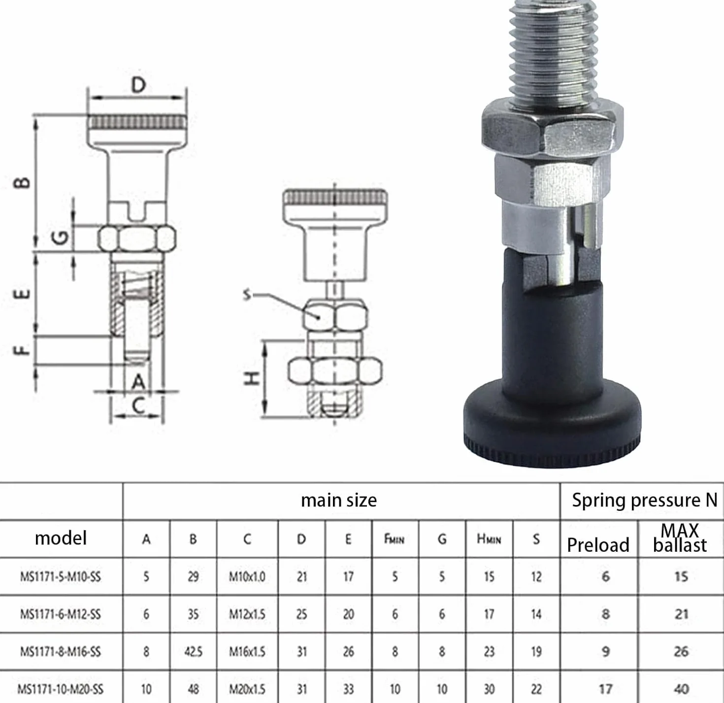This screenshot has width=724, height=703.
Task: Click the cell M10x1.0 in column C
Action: click(x=247, y=576)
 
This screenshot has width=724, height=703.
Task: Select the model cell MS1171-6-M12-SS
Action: click(x=60, y=614)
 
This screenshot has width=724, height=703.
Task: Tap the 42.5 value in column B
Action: click(x=193, y=651)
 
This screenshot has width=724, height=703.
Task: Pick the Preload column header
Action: click(x=598, y=545)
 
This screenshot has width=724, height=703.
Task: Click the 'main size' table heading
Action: click(x=338, y=500)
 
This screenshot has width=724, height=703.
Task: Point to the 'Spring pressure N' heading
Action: click(x=644, y=500)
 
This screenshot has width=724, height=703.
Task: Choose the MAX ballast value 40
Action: click(x=681, y=689)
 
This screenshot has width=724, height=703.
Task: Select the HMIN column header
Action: click(x=489, y=539)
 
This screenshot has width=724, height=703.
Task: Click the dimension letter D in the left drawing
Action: click(x=138, y=85)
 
